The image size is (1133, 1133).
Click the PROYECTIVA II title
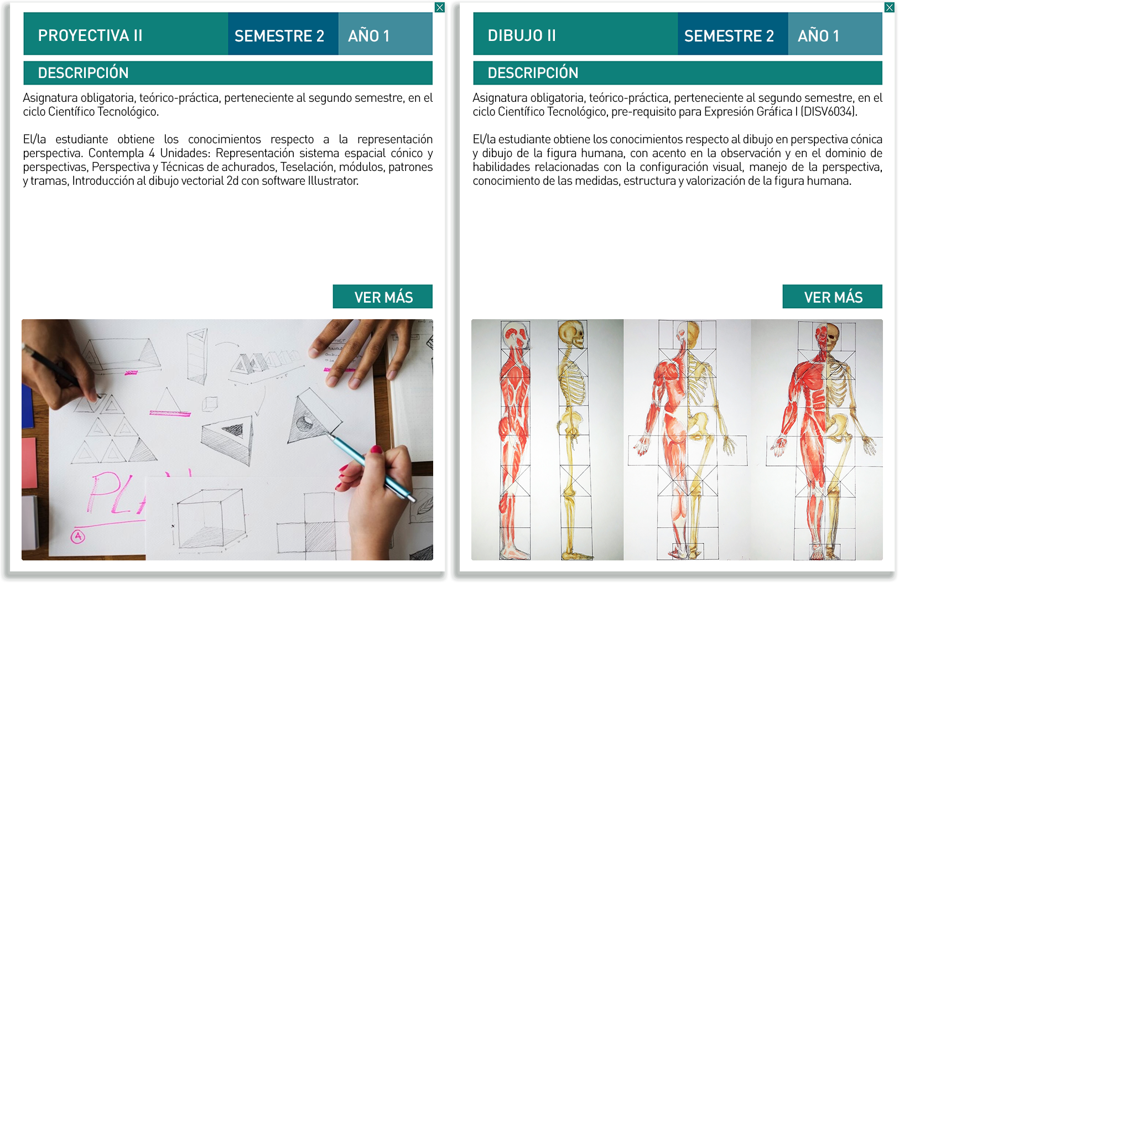(x=90, y=36)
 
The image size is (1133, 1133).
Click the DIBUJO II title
(x=521, y=36)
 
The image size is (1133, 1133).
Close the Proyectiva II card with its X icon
(x=440, y=8)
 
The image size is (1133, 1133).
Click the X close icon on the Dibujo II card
(x=890, y=8)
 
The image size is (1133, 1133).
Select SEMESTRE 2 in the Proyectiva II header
(x=279, y=37)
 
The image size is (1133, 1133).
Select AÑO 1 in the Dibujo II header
(x=818, y=37)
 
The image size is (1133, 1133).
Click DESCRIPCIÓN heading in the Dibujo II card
(x=533, y=72)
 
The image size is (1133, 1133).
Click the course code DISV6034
(x=829, y=112)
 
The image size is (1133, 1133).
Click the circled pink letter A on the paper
(x=78, y=536)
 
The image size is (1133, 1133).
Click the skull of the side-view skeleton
(x=573, y=335)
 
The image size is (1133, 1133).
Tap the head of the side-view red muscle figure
(x=516, y=335)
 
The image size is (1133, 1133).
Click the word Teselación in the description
(x=306, y=167)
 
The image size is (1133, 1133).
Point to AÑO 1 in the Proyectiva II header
(x=368, y=37)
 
